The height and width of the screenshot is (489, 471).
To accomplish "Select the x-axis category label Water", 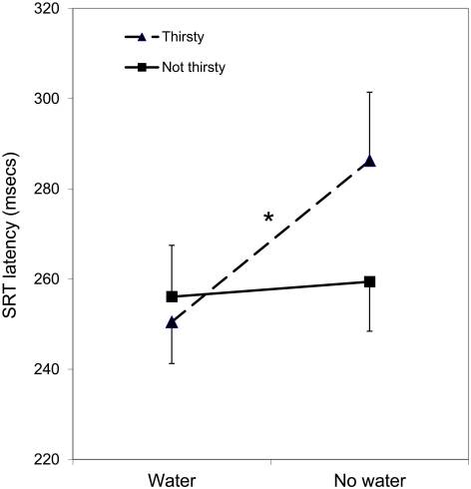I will pos(172,477).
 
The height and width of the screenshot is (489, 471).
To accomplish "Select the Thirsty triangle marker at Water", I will pos(172,321).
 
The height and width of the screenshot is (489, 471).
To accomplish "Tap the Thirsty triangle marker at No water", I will pos(369,160).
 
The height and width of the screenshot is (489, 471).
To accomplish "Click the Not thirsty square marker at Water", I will pos(172,296).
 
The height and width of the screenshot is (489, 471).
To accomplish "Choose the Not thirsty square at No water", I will pos(369,281).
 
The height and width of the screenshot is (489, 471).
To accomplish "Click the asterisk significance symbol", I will pos(267,218).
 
